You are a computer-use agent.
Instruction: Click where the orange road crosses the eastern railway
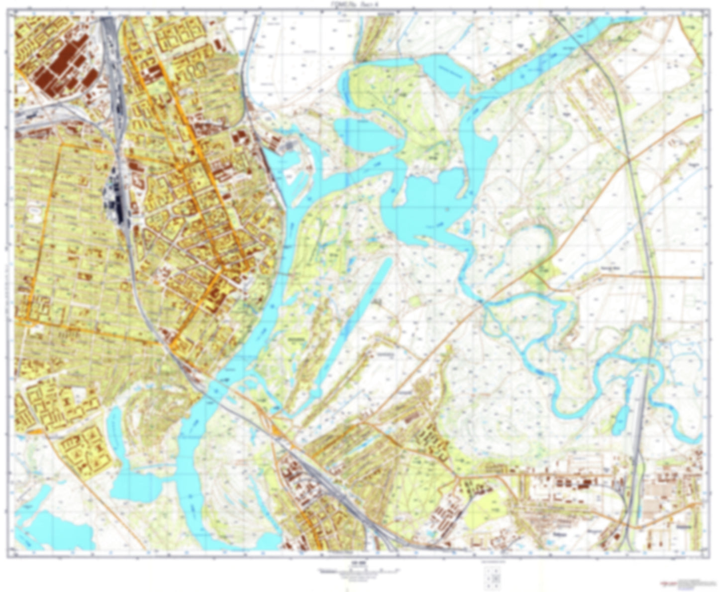[629, 160]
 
